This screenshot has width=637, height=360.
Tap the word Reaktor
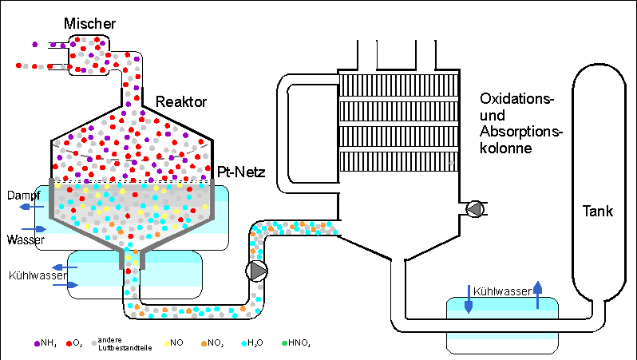182,102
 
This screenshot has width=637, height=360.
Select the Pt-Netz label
241,172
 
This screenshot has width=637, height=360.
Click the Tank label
597,212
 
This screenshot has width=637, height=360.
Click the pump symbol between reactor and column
258,271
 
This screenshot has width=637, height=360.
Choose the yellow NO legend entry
173,343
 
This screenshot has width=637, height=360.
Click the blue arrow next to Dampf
27,207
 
